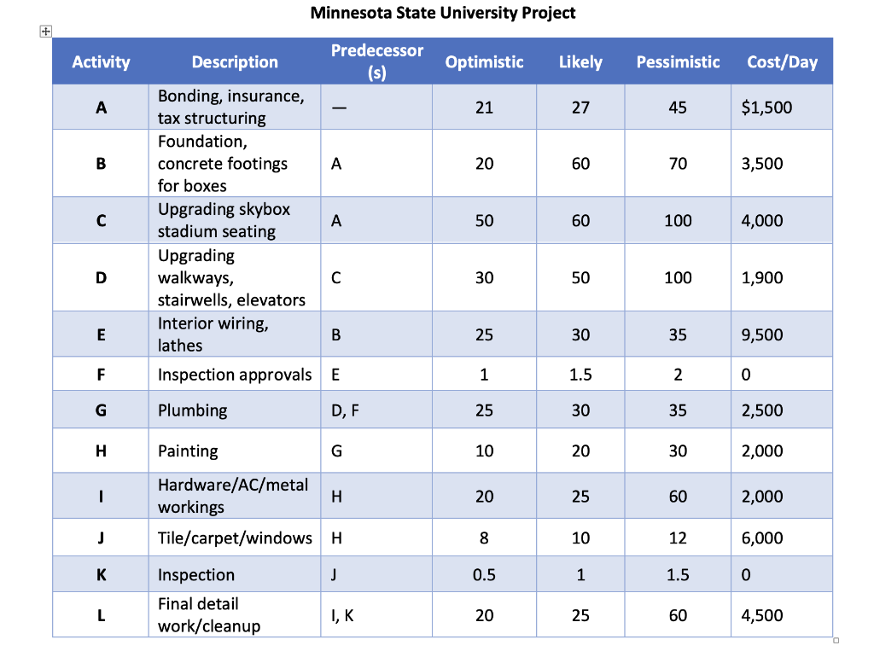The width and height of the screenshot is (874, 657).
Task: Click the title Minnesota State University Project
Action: pos(442,13)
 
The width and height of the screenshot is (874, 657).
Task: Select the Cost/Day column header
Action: pos(782,61)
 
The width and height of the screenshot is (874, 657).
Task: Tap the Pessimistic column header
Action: pos(678,61)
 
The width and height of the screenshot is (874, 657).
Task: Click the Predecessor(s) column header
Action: pos(376,61)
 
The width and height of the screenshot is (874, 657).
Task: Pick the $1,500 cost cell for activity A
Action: pos(766,108)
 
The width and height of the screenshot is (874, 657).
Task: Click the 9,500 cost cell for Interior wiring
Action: pos(762,334)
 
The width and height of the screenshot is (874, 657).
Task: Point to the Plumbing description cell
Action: pos(193,410)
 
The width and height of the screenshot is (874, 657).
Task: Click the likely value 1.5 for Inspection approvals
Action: pos(580,375)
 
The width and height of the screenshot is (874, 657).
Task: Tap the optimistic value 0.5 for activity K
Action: pos(484,575)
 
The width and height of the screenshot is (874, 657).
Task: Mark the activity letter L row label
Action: pos(101,615)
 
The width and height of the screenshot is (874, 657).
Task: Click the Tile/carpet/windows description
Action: pos(235,538)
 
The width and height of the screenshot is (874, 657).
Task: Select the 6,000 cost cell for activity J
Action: pos(762,538)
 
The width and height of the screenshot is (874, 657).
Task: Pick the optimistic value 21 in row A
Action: pos(484,108)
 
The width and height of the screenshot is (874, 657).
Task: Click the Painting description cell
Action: pos(188,451)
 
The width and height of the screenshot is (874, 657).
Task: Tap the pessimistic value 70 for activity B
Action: pos(678,164)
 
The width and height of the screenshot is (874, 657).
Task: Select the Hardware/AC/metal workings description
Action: pos(232,496)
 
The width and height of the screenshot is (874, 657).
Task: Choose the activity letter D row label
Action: pos(101,278)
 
